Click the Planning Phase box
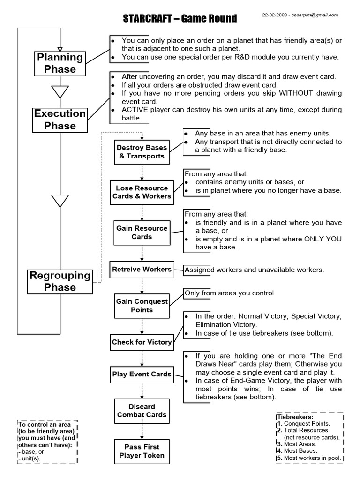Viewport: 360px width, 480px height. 60,63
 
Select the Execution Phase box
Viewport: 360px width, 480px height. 60,120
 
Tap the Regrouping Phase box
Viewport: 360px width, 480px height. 60,281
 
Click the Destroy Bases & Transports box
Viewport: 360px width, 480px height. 142,152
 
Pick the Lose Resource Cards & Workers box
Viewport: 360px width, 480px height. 142,192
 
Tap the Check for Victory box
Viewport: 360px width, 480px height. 142,342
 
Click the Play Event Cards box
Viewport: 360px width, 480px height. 142,375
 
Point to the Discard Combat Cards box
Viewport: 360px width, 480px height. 142,411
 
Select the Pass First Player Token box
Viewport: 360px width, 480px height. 142,451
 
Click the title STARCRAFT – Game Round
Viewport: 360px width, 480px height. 180,19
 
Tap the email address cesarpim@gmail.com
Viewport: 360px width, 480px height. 315,15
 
